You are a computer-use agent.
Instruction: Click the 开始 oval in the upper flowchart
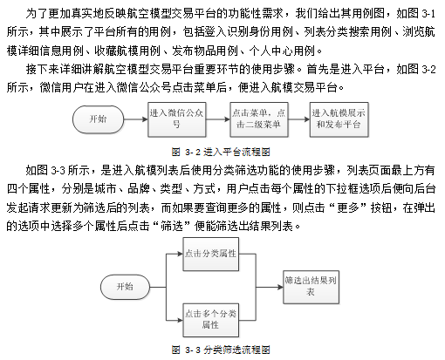98,119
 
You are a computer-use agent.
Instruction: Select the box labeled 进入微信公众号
177,119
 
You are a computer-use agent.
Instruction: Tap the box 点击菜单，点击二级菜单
259,119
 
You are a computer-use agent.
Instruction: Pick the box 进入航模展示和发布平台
339,119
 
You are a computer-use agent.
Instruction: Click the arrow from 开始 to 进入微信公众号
136,119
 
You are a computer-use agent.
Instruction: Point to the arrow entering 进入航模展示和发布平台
299,119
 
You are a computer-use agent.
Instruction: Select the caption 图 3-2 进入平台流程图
221,152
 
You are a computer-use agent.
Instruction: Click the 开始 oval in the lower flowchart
125,287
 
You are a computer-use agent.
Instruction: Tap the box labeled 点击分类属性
211,254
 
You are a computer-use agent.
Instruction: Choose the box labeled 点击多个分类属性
211,320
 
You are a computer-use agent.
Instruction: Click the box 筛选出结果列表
311,287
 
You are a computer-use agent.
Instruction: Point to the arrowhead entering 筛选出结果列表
280,287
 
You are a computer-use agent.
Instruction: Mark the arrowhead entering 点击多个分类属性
180,320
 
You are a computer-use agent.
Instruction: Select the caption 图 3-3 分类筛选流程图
221,350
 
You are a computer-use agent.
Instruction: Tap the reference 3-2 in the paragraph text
428,70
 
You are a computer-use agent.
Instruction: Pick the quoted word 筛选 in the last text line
172,226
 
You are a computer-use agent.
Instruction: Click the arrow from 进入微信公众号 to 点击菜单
218,119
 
